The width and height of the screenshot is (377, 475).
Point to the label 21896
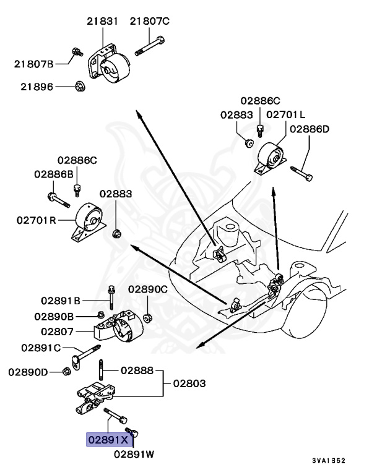point(35,87)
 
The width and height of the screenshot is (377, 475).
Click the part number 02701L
point(286,114)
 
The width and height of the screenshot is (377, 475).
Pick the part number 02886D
point(310,129)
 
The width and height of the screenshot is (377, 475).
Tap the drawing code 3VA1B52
point(328,461)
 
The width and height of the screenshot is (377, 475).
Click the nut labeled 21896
point(79,87)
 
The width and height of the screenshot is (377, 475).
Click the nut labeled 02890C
point(148,319)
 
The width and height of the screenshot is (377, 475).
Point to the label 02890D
point(28,372)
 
